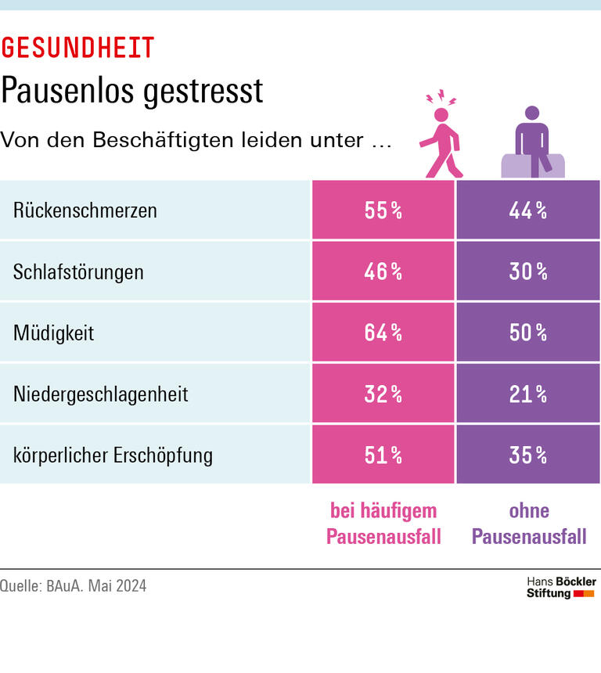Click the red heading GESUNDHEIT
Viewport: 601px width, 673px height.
[77, 48]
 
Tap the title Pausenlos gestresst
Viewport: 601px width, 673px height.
[131, 92]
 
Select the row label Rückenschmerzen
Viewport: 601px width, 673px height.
[85, 211]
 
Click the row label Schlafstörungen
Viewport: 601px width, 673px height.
[78, 272]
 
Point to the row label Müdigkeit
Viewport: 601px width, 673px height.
[53, 333]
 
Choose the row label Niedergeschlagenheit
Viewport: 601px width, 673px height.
[101, 394]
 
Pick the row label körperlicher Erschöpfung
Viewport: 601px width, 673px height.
[113, 455]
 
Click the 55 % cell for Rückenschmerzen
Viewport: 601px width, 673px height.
[383, 211]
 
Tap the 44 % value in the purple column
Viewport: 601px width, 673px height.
[527, 211]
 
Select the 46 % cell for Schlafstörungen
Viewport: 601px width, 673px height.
[383, 272]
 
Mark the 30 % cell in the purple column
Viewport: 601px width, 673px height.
[527, 272]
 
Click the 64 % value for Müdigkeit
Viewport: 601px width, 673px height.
[383, 333]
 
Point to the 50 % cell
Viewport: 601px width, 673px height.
[527, 333]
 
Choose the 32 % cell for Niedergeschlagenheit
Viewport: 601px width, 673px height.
[383, 394]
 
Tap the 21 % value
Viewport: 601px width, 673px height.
[527, 394]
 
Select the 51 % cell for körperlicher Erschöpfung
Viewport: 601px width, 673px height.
[383, 455]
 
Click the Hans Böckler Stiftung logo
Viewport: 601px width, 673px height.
[560, 588]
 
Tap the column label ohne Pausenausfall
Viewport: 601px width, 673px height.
[529, 524]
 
